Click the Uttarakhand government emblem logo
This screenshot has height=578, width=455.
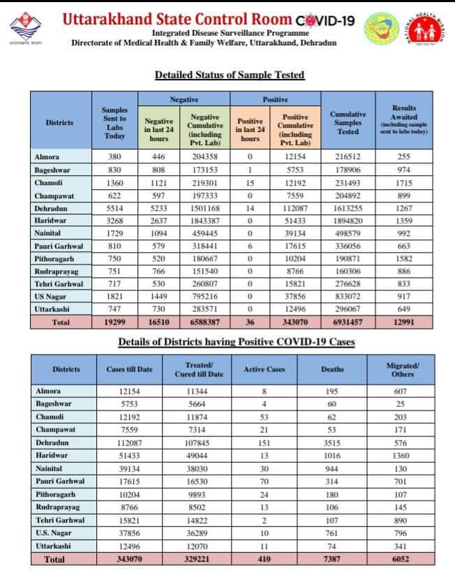tap(27, 29)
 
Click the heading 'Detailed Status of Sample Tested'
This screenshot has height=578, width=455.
tap(229, 75)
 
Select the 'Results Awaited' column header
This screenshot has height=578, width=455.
tap(404, 119)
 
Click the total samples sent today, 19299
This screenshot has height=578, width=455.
tap(114, 322)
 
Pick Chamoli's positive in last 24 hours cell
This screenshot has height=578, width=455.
tap(250, 182)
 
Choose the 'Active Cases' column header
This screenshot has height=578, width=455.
tap(264, 369)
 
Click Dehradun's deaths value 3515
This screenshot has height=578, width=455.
tap(332, 443)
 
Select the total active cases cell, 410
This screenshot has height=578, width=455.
tap(264, 559)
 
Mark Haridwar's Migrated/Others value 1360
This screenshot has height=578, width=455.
tap(402, 455)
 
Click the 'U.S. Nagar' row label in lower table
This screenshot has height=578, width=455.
tap(54, 533)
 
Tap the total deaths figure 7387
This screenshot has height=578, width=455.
tap(332, 559)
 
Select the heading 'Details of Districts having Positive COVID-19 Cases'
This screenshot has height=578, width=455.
tap(236, 341)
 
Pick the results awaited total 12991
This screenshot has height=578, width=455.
tap(404, 322)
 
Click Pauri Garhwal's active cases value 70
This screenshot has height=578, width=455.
tap(264, 481)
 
